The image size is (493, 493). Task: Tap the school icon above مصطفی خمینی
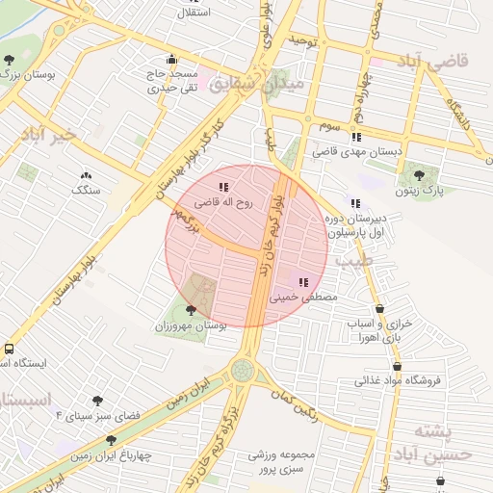[304, 283]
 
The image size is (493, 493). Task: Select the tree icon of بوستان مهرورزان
[191, 310]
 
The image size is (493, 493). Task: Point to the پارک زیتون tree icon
[419, 174]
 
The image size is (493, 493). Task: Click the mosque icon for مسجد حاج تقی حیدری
[171, 58]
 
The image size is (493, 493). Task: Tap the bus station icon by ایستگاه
[9, 349]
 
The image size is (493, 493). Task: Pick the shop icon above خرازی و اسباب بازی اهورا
[379, 308]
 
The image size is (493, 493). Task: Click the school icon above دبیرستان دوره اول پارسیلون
[355, 204]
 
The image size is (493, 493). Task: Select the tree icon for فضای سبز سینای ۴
[98, 401]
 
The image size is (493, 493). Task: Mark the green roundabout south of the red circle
[244, 370]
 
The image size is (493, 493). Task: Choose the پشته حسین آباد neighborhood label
[442, 442]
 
